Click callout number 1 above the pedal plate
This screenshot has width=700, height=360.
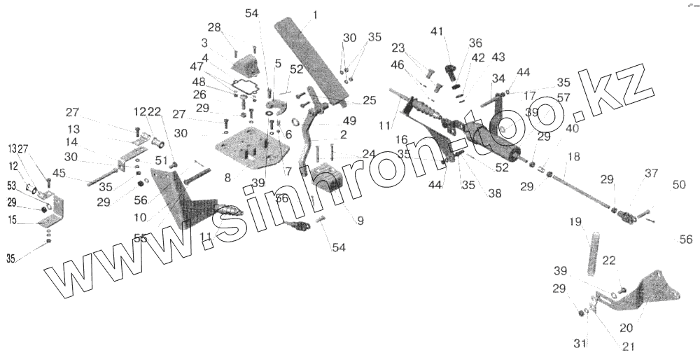click(x=315, y=14)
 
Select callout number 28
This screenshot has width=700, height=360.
click(x=213, y=27)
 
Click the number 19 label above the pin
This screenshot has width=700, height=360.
click(x=575, y=222)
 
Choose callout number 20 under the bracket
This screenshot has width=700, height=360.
click(x=626, y=327)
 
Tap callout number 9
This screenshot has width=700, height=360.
click(x=360, y=221)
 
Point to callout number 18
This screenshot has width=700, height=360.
click(x=573, y=157)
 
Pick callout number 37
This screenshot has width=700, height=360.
click(x=652, y=174)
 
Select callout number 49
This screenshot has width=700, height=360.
click(x=349, y=120)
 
